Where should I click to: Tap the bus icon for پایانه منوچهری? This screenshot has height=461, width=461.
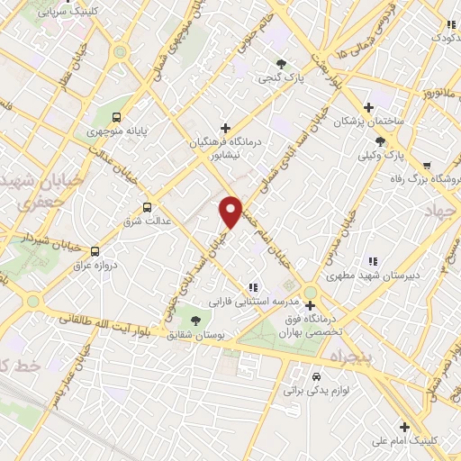[116, 117]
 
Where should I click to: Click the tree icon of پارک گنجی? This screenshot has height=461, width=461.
[281, 63]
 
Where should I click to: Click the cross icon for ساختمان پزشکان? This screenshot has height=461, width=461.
[367, 106]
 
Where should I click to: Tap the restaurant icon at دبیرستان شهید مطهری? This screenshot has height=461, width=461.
[374, 261]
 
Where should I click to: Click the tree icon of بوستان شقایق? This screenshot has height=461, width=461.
[194, 319]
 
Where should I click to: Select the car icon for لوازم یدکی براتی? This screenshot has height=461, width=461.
[316, 376]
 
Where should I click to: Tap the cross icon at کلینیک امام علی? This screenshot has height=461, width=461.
[404, 427]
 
